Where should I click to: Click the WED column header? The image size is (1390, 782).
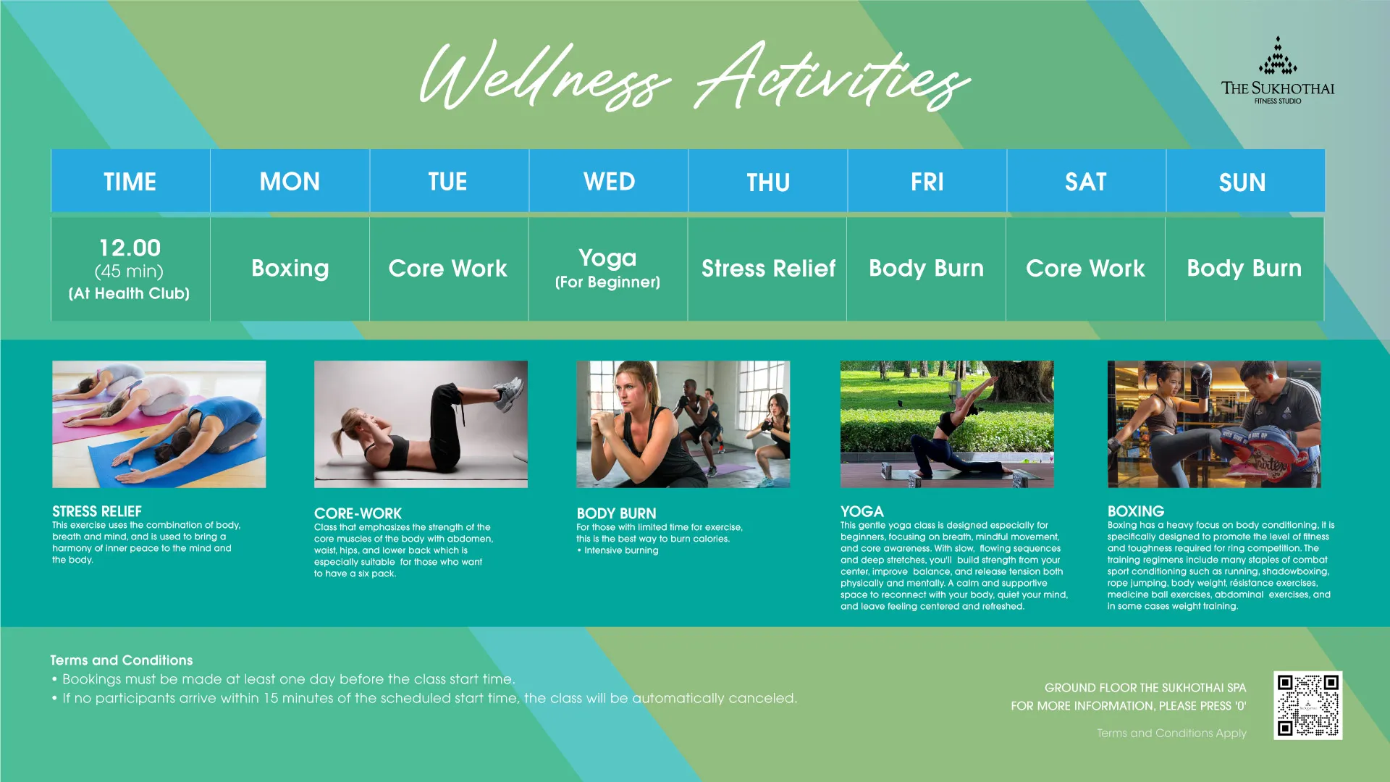pos(609,181)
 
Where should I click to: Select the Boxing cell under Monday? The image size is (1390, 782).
pos(290,269)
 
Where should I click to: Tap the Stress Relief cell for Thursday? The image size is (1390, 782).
pos(768,269)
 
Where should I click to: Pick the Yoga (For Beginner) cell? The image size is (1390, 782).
pos(608,269)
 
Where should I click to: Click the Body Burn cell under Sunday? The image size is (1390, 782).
pos(1244,269)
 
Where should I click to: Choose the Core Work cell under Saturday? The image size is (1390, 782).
pos(1085,269)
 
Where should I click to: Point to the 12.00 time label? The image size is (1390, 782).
pos(130,248)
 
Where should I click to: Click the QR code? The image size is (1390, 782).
pos(1307,705)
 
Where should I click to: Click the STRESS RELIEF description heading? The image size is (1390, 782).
pos(97,511)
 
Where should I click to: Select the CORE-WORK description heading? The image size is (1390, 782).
pos(358,513)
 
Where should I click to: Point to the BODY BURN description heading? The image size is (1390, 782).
pos(616,513)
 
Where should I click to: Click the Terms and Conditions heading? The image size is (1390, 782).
pos(122,660)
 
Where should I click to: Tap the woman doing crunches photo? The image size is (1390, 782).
pos(421,424)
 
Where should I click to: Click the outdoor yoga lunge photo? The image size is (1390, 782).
pos(947,424)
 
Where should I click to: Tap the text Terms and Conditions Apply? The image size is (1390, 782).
pos(1171,733)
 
